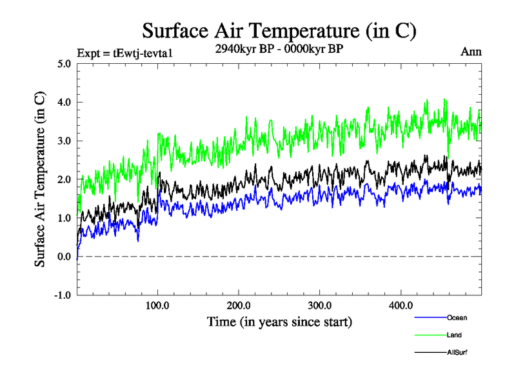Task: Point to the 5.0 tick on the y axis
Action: (x=63, y=64)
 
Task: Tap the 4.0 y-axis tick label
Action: (x=63, y=103)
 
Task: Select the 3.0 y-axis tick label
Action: (x=63, y=141)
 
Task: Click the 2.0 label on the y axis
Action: (x=63, y=179)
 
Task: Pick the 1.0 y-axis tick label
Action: (x=63, y=218)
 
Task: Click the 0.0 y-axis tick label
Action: (x=63, y=257)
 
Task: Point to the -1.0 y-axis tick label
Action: (x=61, y=295)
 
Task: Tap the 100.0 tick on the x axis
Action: (x=158, y=306)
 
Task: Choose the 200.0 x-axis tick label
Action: (x=239, y=306)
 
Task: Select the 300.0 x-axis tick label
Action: (x=320, y=306)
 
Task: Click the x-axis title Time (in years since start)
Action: (x=279, y=321)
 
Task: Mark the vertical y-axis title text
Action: (x=40, y=179)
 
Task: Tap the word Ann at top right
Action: (x=471, y=52)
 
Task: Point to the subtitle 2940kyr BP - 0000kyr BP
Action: (x=279, y=48)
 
